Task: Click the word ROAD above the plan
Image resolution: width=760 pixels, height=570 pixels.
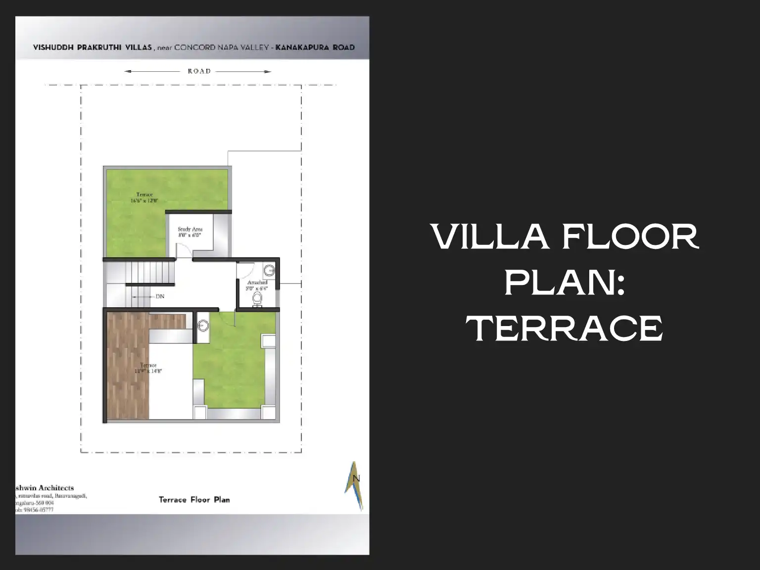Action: [x=199, y=71]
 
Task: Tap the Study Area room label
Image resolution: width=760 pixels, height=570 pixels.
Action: [x=190, y=232]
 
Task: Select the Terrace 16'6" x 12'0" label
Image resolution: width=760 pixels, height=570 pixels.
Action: [x=144, y=198]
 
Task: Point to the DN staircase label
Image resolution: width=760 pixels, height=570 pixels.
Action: [x=159, y=296]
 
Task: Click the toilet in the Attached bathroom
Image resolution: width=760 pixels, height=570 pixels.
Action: [x=257, y=299]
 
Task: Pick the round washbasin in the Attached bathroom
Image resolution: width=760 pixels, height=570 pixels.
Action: [x=269, y=271]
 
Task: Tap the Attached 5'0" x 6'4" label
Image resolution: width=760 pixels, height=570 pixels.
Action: [x=257, y=285]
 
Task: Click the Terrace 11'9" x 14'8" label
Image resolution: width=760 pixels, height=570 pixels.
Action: [x=148, y=368]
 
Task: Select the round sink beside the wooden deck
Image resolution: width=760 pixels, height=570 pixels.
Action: [x=203, y=326]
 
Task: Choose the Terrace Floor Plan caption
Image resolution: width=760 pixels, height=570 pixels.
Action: [x=194, y=500]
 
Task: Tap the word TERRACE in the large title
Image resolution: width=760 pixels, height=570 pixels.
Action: [x=564, y=328]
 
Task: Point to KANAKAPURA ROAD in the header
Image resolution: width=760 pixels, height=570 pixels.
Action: [x=315, y=47]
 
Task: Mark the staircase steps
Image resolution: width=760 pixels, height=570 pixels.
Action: [x=150, y=272]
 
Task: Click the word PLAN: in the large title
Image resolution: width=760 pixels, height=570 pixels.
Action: [x=564, y=283]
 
